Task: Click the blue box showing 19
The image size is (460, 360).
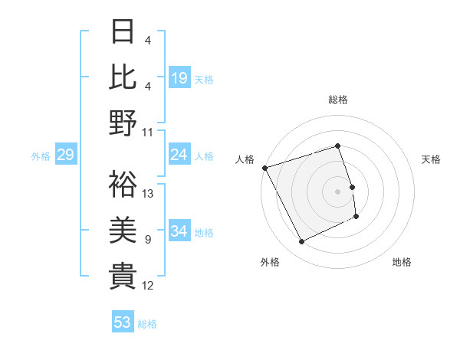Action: click(179, 77)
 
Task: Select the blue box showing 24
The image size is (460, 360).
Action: click(179, 155)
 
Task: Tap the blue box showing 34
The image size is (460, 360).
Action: click(179, 231)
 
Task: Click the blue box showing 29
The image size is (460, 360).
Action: click(65, 155)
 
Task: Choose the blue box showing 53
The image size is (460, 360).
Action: click(123, 322)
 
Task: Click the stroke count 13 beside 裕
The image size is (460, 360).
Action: click(149, 194)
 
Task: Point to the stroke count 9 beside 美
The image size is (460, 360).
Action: click(147, 240)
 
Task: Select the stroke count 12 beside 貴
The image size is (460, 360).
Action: click(149, 286)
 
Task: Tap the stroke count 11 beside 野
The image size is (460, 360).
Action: click(149, 133)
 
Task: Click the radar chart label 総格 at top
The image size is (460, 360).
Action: click(338, 100)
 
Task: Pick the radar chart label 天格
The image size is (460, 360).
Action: click(431, 159)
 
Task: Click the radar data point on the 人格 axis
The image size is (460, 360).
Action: click(264, 168)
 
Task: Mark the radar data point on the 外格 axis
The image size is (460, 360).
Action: click(301, 242)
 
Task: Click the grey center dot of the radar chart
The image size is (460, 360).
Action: click(338, 191)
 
